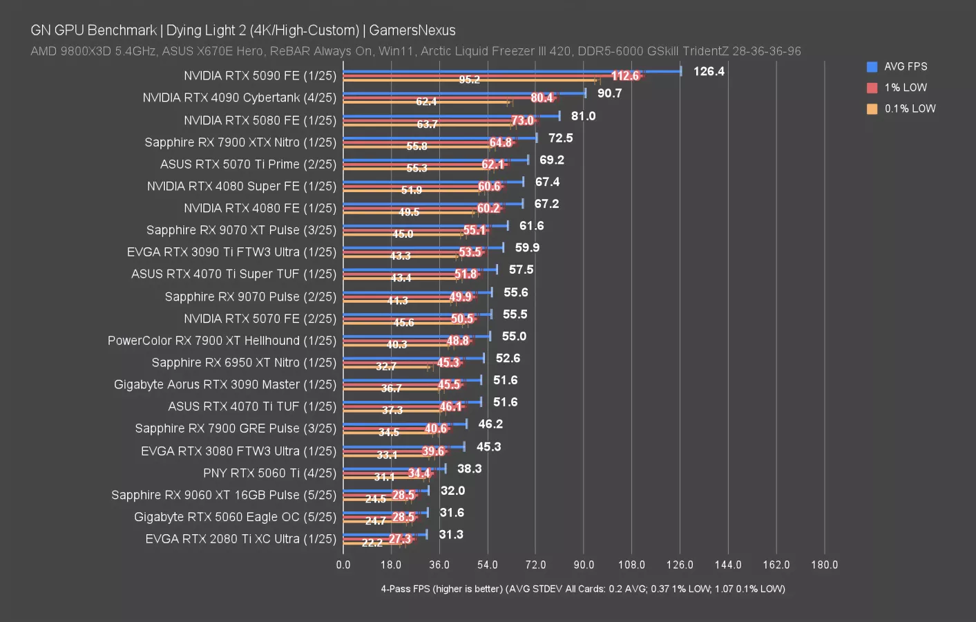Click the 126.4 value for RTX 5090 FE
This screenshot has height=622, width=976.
point(709,71)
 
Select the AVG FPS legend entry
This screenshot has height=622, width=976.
point(905,66)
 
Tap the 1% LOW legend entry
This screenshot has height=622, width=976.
point(905,88)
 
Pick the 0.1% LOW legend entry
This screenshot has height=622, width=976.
point(909,109)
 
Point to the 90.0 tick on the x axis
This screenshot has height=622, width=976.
point(584,565)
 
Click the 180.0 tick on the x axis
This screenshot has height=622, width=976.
point(824,565)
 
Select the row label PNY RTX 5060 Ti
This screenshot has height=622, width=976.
point(269,473)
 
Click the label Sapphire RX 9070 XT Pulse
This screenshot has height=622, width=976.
point(241,230)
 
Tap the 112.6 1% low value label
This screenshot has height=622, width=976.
point(625,76)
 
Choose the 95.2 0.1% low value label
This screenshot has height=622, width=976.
point(470,79)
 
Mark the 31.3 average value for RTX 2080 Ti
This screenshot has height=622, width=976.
point(451,534)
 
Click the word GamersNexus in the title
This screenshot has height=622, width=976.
point(412,30)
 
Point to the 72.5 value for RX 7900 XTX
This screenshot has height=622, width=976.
point(561,138)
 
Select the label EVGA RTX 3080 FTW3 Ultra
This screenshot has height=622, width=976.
point(238,451)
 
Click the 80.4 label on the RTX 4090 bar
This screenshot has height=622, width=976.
point(542,98)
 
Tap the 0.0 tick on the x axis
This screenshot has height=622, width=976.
point(343,565)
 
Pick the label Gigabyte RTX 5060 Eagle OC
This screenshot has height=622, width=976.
point(235,517)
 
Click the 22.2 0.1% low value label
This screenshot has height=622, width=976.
point(372,543)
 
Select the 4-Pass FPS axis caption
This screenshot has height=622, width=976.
point(582,589)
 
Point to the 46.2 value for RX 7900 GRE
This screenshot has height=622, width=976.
point(490,424)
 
